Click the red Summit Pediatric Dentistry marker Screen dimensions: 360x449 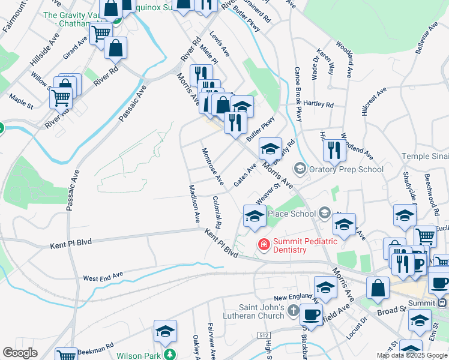click(x=263, y=244)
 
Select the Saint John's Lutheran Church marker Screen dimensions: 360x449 click(x=293, y=310)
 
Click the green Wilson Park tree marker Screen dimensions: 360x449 click(x=170, y=355)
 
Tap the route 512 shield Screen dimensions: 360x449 click(x=265, y=335)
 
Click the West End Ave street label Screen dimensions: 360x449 click(x=103, y=278)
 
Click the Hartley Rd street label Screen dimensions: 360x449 click(x=319, y=104)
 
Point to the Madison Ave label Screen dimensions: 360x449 click(x=193, y=205)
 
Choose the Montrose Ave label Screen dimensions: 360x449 click(x=212, y=167)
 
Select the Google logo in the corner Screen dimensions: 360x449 click(x=20, y=353)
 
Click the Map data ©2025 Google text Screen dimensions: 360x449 click(x=411, y=356)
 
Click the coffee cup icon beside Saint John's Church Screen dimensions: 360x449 click(x=311, y=315)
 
